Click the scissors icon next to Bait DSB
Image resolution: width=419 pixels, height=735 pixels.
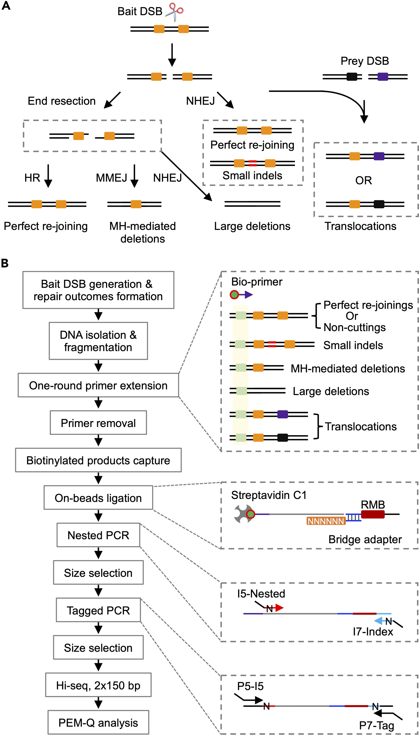pos(175,12)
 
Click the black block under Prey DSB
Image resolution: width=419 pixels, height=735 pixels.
pos(352,77)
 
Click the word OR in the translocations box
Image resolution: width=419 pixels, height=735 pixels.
pos(363,180)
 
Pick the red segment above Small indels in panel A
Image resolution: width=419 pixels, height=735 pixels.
pos(252,163)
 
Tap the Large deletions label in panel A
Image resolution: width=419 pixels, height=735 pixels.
pos(252,226)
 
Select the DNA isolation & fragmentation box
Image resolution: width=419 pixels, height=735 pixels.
pos(98,341)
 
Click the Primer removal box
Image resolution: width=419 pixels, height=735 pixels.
pos(98,423)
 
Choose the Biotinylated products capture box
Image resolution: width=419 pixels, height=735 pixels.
pos(98,460)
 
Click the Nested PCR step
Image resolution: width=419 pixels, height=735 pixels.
pos(98,535)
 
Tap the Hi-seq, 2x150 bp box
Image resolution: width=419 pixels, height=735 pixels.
pos(98,686)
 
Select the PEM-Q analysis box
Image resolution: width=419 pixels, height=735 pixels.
pos(98,723)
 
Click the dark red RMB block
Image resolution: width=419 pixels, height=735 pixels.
pos(373,514)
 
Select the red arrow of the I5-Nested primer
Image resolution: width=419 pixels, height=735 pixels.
pos(278,608)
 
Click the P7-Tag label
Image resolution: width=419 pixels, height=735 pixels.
pos(376,726)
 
